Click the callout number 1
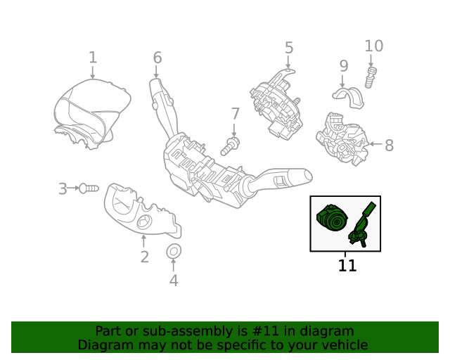click(x=93, y=57)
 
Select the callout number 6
click(x=157, y=58)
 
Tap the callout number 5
click(x=289, y=48)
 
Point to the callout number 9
click(x=344, y=66)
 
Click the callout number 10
click(x=374, y=46)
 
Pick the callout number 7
click(x=236, y=114)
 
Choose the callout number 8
click(x=389, y=146)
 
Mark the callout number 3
click(x=63, y=188)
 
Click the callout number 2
click(x=144, y=257)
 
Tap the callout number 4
click(x=174, y=281)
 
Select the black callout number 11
click(x=347, y=266)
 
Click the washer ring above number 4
click(x=173, y=251)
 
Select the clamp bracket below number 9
click(x=349, y=96)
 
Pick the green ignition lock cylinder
click(x=331, y=219)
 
